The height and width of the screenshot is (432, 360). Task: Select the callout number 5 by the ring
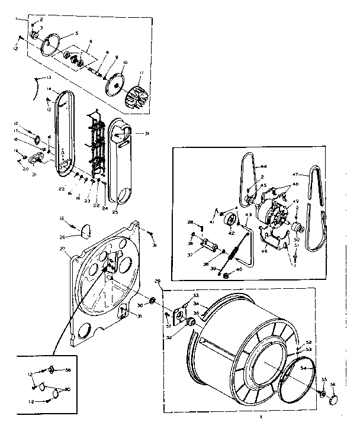(76, 33)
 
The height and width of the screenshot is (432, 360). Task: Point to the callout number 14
(49, 90)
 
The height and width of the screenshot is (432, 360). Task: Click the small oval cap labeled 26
(86, 228)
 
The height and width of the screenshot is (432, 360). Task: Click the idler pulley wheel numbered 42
(230, 221)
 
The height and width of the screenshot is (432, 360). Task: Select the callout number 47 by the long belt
(296, 175)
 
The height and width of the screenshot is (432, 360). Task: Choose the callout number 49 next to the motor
(295, 201)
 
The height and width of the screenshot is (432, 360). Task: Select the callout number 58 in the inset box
(68, 370)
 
